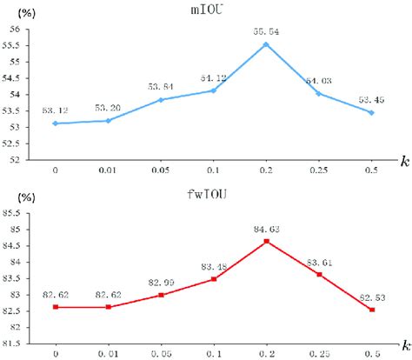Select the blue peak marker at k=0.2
pyautogui.click(x=266, y=44)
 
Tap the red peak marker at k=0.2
pyautogui.click(x=266, y=241)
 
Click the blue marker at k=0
pyautogui.click(x=56, y=123)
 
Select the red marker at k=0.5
pyautogui.click(x=372, y=310)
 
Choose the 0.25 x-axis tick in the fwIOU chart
pyautogui.click(x=319, y=354)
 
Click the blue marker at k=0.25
pyautogui.click(x=319, y=93)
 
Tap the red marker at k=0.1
pyautogui.click(x=214, y=279)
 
